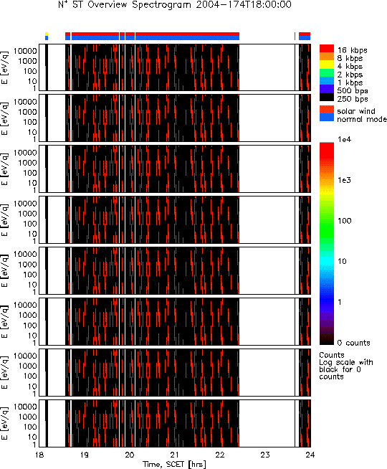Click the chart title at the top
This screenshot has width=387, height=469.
[175, 5]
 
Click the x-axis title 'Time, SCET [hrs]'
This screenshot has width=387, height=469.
[174, 464]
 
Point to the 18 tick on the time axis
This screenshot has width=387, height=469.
[39, 455]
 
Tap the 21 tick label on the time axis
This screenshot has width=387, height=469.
[175, 455]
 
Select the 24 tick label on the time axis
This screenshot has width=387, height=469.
[310, 455]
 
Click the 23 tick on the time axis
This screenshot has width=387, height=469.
[265, 455]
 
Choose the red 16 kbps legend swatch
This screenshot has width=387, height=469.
[327, 49]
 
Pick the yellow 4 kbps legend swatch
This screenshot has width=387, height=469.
[327, 65]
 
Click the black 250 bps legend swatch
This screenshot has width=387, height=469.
[327, 98]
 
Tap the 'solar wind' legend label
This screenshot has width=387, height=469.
[356, 111]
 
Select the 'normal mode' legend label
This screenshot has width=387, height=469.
[362, 119]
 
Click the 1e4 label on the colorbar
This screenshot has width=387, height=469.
[344, 139]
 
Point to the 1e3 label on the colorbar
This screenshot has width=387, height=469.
[344, 180]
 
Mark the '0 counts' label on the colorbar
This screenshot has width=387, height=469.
[354, 343]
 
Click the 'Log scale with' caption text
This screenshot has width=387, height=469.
[346, 363]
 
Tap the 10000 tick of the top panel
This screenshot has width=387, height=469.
[25, 51]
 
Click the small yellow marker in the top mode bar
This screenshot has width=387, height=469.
[47, 34]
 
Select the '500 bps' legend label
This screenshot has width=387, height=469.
[353, 91]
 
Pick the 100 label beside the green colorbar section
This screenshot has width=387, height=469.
[344, 221]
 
